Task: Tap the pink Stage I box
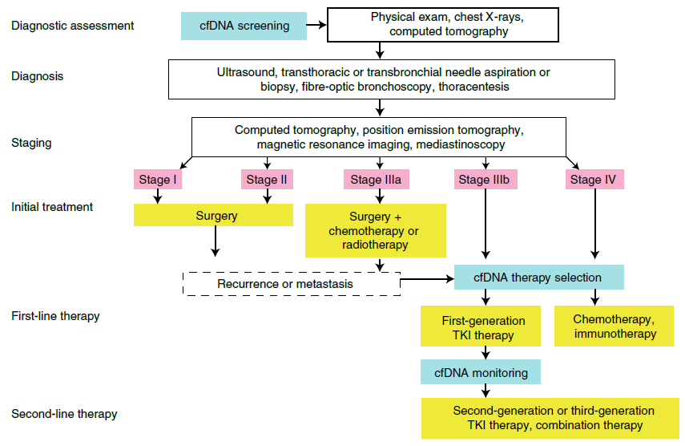(157, 180)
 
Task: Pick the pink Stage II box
(266, 180)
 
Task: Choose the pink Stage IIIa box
(376, 180)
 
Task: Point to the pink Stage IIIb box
(484, 180)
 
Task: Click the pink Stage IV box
(594, 180)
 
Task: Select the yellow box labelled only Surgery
(215, 216)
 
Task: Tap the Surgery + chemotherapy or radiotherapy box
(376, 231)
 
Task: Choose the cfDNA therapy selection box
(538, 278)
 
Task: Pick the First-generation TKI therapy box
(483, 327)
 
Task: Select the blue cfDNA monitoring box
(481, 372)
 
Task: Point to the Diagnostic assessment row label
(73, 26)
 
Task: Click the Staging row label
(31, 143)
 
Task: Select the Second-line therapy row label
(64, 414)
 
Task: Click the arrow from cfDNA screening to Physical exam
(316, 25)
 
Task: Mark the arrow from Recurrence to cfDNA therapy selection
(427, 280)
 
